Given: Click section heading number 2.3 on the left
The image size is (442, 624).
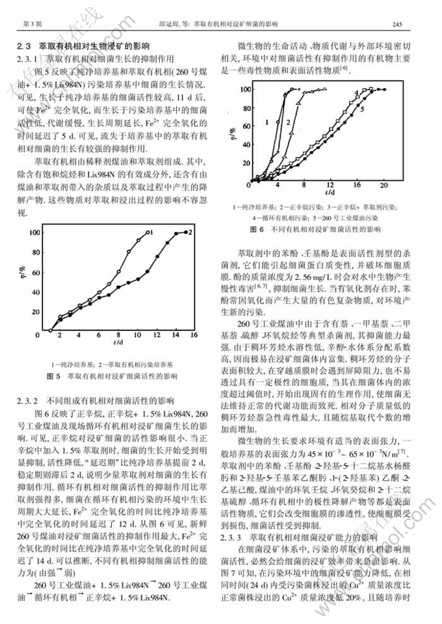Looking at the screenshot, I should pos(24,47).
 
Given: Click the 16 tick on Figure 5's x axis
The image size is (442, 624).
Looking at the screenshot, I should pos(192,335).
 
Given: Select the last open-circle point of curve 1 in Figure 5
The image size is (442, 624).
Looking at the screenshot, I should pos(149,232).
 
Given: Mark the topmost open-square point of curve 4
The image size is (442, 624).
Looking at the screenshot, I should pos(369,89).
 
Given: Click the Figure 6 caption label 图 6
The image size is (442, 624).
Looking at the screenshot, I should pos(257,230).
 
